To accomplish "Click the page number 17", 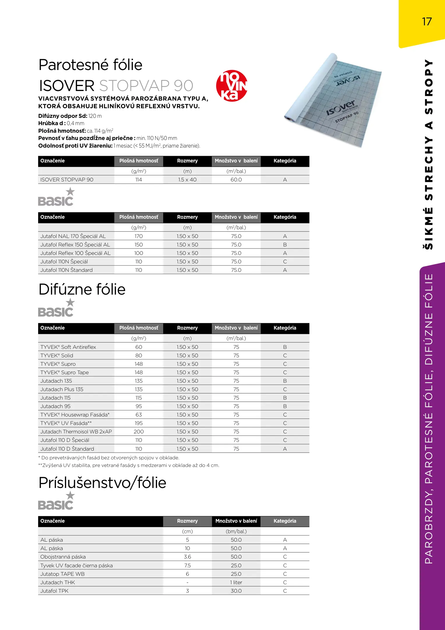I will pos(427,22).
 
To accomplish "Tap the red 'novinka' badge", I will pos(232,86).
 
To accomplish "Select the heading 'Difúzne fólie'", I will pos(82,289).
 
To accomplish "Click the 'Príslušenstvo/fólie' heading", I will pos(102,483).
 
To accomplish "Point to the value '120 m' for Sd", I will pos(95,116).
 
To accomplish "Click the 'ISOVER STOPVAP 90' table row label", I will pos(67,180).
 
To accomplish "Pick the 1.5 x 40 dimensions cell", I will pos(187,180).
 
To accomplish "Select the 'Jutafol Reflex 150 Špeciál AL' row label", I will pos(75,245).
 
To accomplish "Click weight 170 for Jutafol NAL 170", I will pos(139,236).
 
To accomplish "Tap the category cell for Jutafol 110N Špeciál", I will pos(285,262).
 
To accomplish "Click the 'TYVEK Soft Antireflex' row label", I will pos(68,347).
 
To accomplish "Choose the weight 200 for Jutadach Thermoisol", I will pos(139,432).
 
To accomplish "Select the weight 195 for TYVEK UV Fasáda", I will pos(139,423).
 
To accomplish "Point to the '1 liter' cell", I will pos(236,582).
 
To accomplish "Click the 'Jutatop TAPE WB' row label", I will pos(62,574).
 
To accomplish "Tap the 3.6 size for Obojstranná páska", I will pos(187,557).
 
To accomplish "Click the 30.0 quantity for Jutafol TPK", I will pos(236,591).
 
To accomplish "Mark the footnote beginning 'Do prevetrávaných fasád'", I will pos(109,458).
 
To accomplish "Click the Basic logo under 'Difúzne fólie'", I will pos(56,308).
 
